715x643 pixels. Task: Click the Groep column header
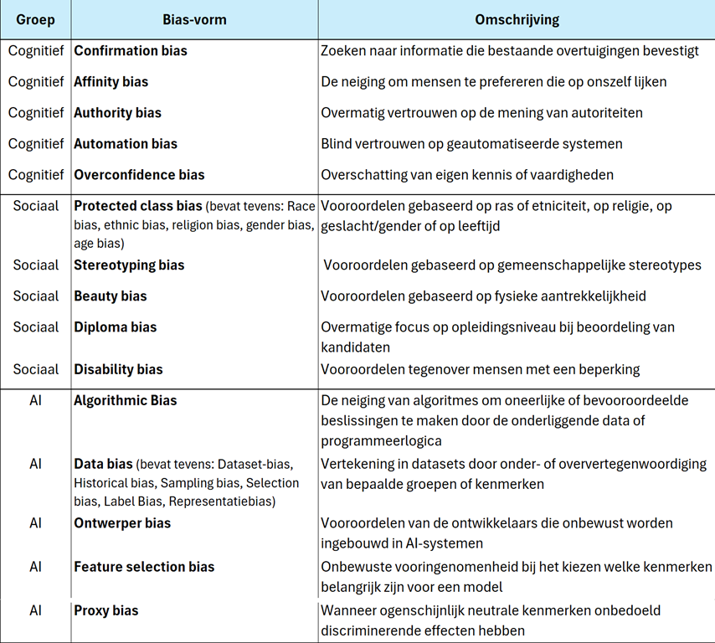35,19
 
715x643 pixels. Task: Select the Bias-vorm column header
193,19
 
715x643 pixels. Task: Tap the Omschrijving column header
517,19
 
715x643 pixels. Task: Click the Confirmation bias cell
131,51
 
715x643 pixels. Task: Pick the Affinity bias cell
111,82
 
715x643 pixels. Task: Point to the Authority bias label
118,113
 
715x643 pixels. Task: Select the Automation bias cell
126,144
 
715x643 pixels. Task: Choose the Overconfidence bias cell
139,175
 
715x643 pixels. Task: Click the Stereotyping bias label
129,265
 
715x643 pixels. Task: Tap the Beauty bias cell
111,296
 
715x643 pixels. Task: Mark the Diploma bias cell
116,327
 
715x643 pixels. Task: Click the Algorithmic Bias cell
126,400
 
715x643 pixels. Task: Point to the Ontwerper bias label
122,523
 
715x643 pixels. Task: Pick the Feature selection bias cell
144,567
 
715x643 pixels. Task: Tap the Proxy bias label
106,610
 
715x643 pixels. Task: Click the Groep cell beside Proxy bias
35,610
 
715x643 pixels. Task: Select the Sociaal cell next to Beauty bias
36,296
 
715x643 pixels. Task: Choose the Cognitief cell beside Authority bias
36,113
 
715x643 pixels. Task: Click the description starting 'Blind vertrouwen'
471,144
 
